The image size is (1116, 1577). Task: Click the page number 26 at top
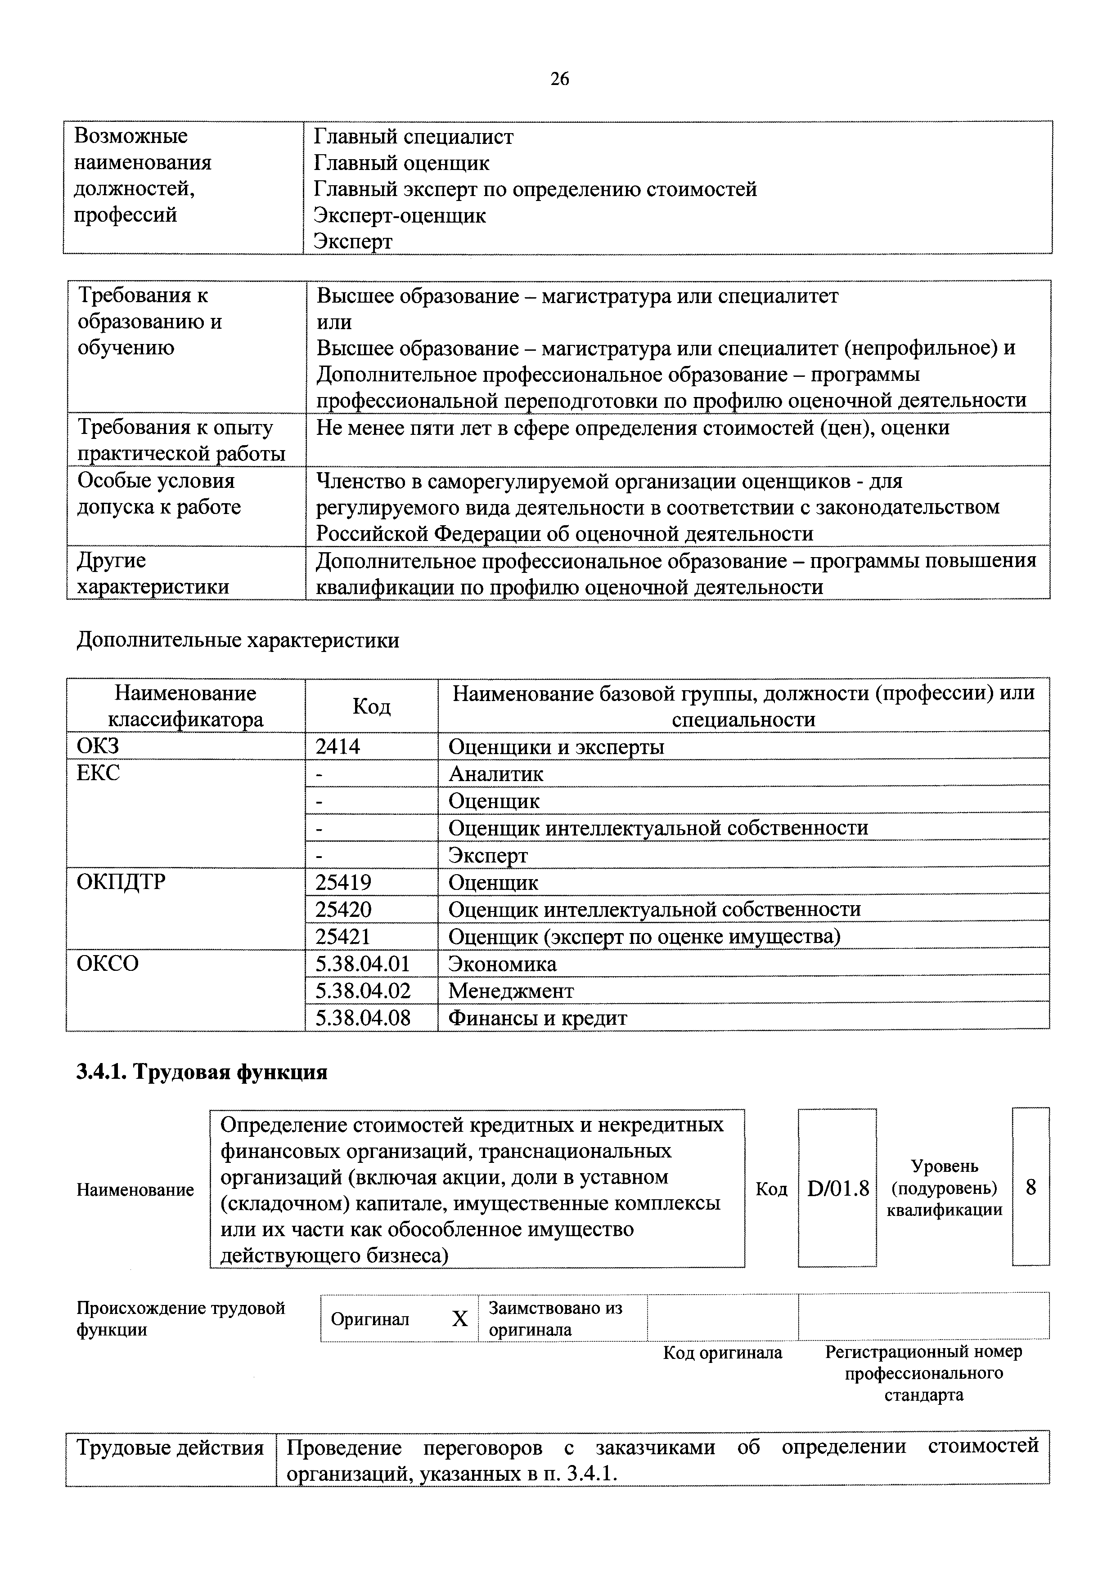point(559,80)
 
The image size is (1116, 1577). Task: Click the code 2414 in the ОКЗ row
point(337,746)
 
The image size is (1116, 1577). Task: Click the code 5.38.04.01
point(362,964)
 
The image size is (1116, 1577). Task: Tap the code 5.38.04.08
point(362,1018)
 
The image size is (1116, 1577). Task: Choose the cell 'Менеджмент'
point(511,991)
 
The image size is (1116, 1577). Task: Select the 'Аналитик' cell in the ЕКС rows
point(495,774)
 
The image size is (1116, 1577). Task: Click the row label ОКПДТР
point(121,882)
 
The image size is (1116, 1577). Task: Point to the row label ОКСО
point(108,964)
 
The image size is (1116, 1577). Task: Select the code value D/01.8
point(838,1188)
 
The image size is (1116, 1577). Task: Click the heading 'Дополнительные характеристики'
point(238,640)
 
